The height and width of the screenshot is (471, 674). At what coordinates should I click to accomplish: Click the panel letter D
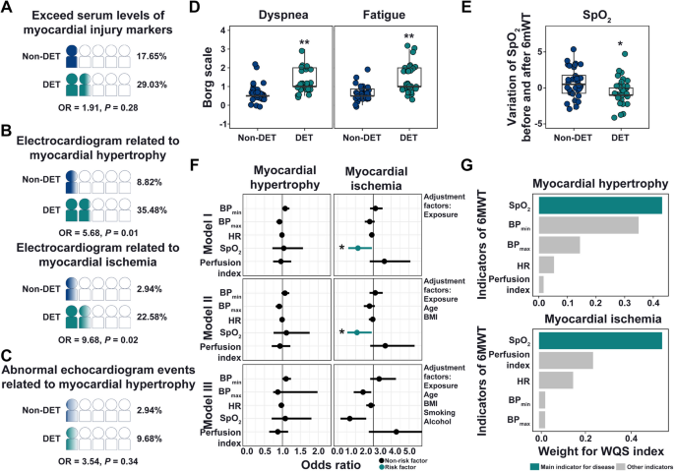(210, 10)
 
